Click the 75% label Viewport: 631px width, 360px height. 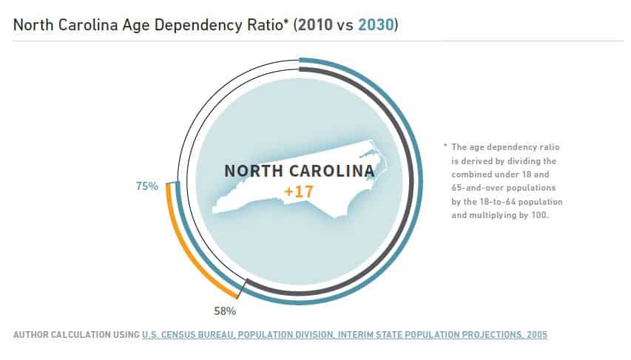click(x=146, y=186)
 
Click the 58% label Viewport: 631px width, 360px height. click(x=225, y=310)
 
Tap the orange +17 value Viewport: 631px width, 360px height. click(x=299, y=191)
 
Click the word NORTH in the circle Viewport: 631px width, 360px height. click(x=252, y=171)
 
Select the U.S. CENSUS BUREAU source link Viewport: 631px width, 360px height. click(x=188, y=335)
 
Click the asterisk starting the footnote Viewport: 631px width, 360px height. click(x=445, y=147)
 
